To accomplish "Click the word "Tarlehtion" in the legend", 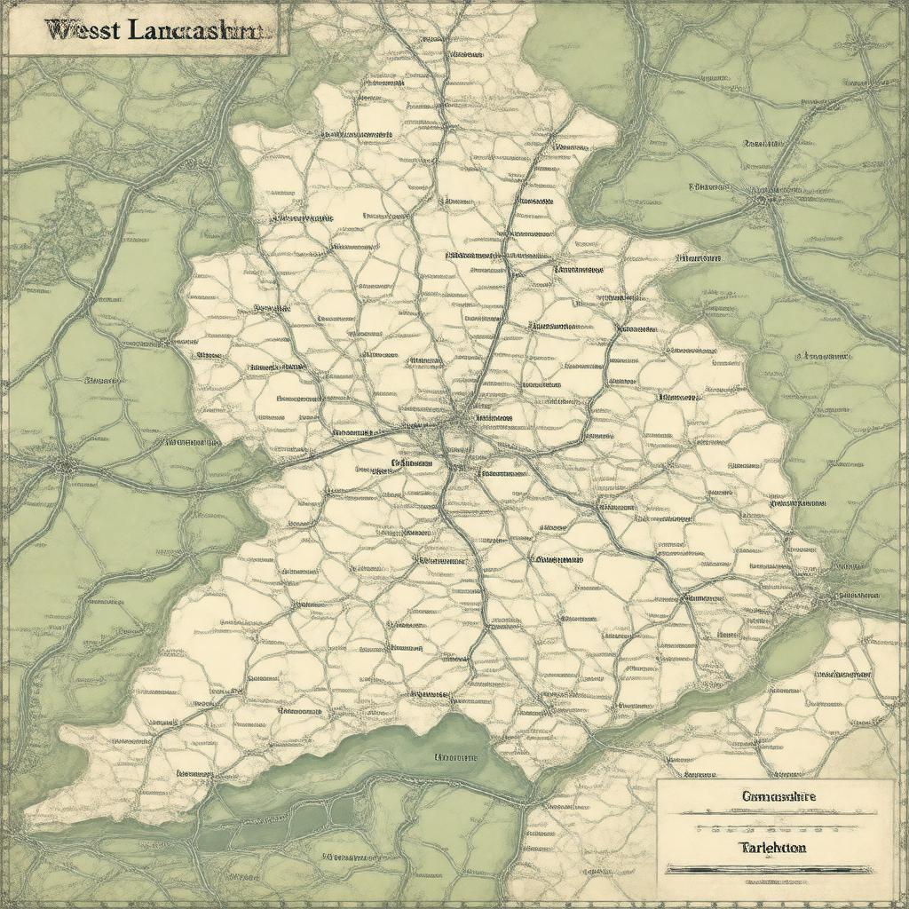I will coord(771,848).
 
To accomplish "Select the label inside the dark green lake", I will coord(455,758).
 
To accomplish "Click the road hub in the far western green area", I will coord(63,464).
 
